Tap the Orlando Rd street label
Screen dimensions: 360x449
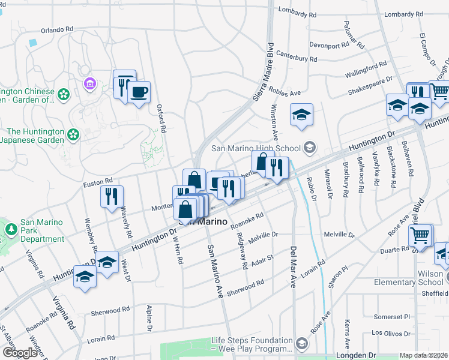56,29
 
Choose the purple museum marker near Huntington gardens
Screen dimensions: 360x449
90,83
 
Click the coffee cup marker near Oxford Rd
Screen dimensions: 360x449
140,92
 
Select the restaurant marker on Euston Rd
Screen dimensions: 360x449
112,196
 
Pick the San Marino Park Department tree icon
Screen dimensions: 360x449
10,229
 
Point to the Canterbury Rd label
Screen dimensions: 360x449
297,59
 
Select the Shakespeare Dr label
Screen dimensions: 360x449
370,85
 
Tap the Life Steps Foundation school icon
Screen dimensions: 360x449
301,344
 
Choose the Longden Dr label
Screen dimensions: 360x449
356,355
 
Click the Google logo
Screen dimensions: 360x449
19,353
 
